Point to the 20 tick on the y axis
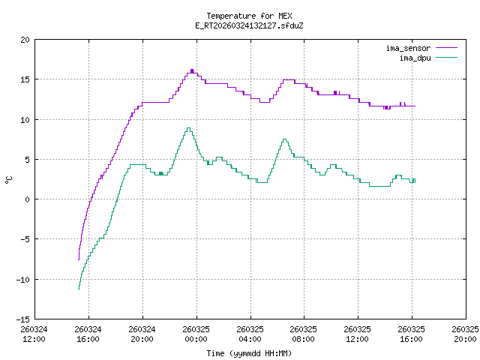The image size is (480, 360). click(x=25, y=40)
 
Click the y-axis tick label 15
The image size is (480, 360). click(x=25, y=79)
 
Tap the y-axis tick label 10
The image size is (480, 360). click(x=25, y=119)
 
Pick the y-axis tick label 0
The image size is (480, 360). click(x=28, y=199)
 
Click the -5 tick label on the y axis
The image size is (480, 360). click(x=25, y=239)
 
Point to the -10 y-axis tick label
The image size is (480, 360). click(x=23, y=279)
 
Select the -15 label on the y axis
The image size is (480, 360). click(x=23, y=319)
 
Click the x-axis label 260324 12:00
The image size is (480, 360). click(x=34, y=334)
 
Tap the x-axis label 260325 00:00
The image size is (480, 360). click(x=196, y=334)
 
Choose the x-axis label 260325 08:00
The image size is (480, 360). click(x=304, y=334)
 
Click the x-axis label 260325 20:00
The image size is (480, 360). click(x=466, y=334)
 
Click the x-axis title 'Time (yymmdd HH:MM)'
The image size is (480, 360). click(x=250, y=353)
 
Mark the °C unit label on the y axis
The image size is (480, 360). click(x=9, y=179)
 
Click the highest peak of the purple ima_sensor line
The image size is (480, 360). click(x=192, y=70)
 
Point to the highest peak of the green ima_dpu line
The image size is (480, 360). click(x=188, y=128)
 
